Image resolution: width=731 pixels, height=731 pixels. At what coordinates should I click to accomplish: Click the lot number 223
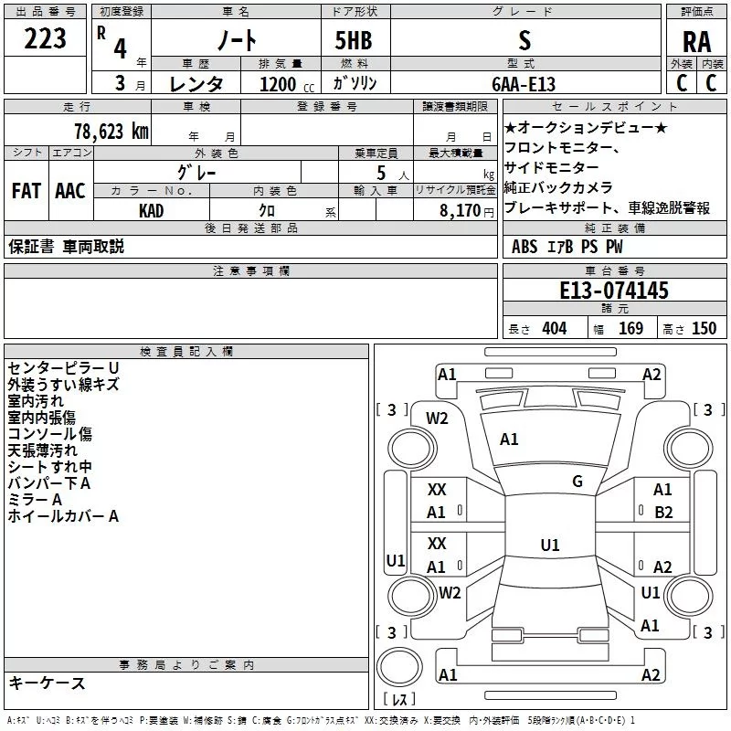[45, 38]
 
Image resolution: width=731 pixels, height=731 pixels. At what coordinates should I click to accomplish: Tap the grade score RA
[696, 42]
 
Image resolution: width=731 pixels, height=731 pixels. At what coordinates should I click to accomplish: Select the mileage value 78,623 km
[111, 132]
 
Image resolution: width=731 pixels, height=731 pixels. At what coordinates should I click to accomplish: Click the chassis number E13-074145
[614, 290]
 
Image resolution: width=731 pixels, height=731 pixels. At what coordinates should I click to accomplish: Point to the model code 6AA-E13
[524, 84]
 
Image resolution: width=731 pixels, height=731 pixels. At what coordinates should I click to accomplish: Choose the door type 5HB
[354, 40]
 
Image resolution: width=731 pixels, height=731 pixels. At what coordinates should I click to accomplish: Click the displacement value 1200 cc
[287, 84]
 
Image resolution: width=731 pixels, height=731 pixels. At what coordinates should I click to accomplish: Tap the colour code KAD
[151, 211]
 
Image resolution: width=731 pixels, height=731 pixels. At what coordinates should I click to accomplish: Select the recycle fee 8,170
[460, 211]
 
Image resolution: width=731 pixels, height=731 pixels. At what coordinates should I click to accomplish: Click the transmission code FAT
[26, 191]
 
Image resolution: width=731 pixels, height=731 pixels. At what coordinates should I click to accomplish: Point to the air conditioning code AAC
[70, 191]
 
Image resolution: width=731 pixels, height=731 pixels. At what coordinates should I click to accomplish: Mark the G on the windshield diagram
[577, 482]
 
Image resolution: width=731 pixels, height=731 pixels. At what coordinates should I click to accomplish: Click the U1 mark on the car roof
[550, 545]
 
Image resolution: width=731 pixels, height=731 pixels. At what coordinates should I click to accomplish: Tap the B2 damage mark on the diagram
[663, 513]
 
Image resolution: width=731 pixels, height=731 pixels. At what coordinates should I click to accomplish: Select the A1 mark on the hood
[509, 440]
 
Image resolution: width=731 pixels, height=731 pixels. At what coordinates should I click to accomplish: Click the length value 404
[555, 328]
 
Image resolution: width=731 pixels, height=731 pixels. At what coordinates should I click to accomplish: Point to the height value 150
[704, 328]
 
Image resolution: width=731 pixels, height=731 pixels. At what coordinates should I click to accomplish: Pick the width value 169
[630, 328]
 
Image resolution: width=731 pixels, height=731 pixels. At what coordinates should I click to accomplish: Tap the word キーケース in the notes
[48, 683]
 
